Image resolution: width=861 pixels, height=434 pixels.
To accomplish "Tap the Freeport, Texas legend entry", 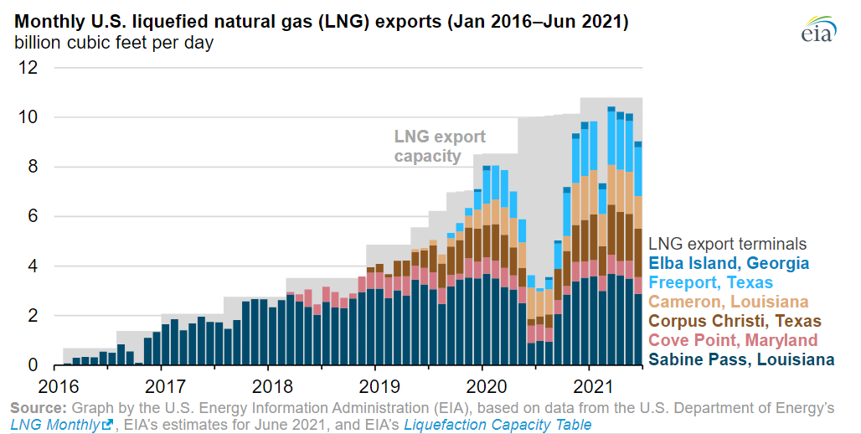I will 711,282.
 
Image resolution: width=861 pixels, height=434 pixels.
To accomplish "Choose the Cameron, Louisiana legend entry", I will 729,302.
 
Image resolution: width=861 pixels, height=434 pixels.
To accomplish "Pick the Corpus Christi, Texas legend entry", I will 735,321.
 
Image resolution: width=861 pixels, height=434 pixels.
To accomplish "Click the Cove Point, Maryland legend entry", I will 733,340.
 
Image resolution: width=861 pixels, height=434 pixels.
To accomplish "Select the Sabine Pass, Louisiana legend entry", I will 742,359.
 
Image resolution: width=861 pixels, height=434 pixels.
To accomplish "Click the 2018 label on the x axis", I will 267,385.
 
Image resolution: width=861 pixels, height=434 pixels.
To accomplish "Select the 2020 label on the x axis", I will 482,385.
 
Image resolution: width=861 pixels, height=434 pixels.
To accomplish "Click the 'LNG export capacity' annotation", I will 440,146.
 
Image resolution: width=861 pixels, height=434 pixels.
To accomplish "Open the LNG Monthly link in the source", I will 61,425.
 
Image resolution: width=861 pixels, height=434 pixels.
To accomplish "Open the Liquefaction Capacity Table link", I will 498,425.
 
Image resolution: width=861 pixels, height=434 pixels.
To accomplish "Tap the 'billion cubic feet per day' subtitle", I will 113,43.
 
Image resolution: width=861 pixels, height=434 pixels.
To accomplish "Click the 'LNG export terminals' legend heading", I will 728,244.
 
